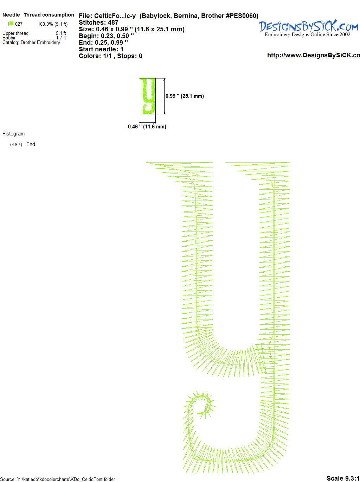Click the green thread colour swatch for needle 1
[x=11, y=23]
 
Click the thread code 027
[x=19, y=24]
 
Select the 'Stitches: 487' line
[x=98, y=23]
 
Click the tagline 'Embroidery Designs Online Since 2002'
[x=307, y=34]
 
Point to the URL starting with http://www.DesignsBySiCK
[x=314, y=55]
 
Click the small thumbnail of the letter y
[x=147, y=96]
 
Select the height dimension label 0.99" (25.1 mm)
[x=185, y=96]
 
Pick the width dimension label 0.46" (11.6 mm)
[x=147, y=127]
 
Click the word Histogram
[x=13, y=134]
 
